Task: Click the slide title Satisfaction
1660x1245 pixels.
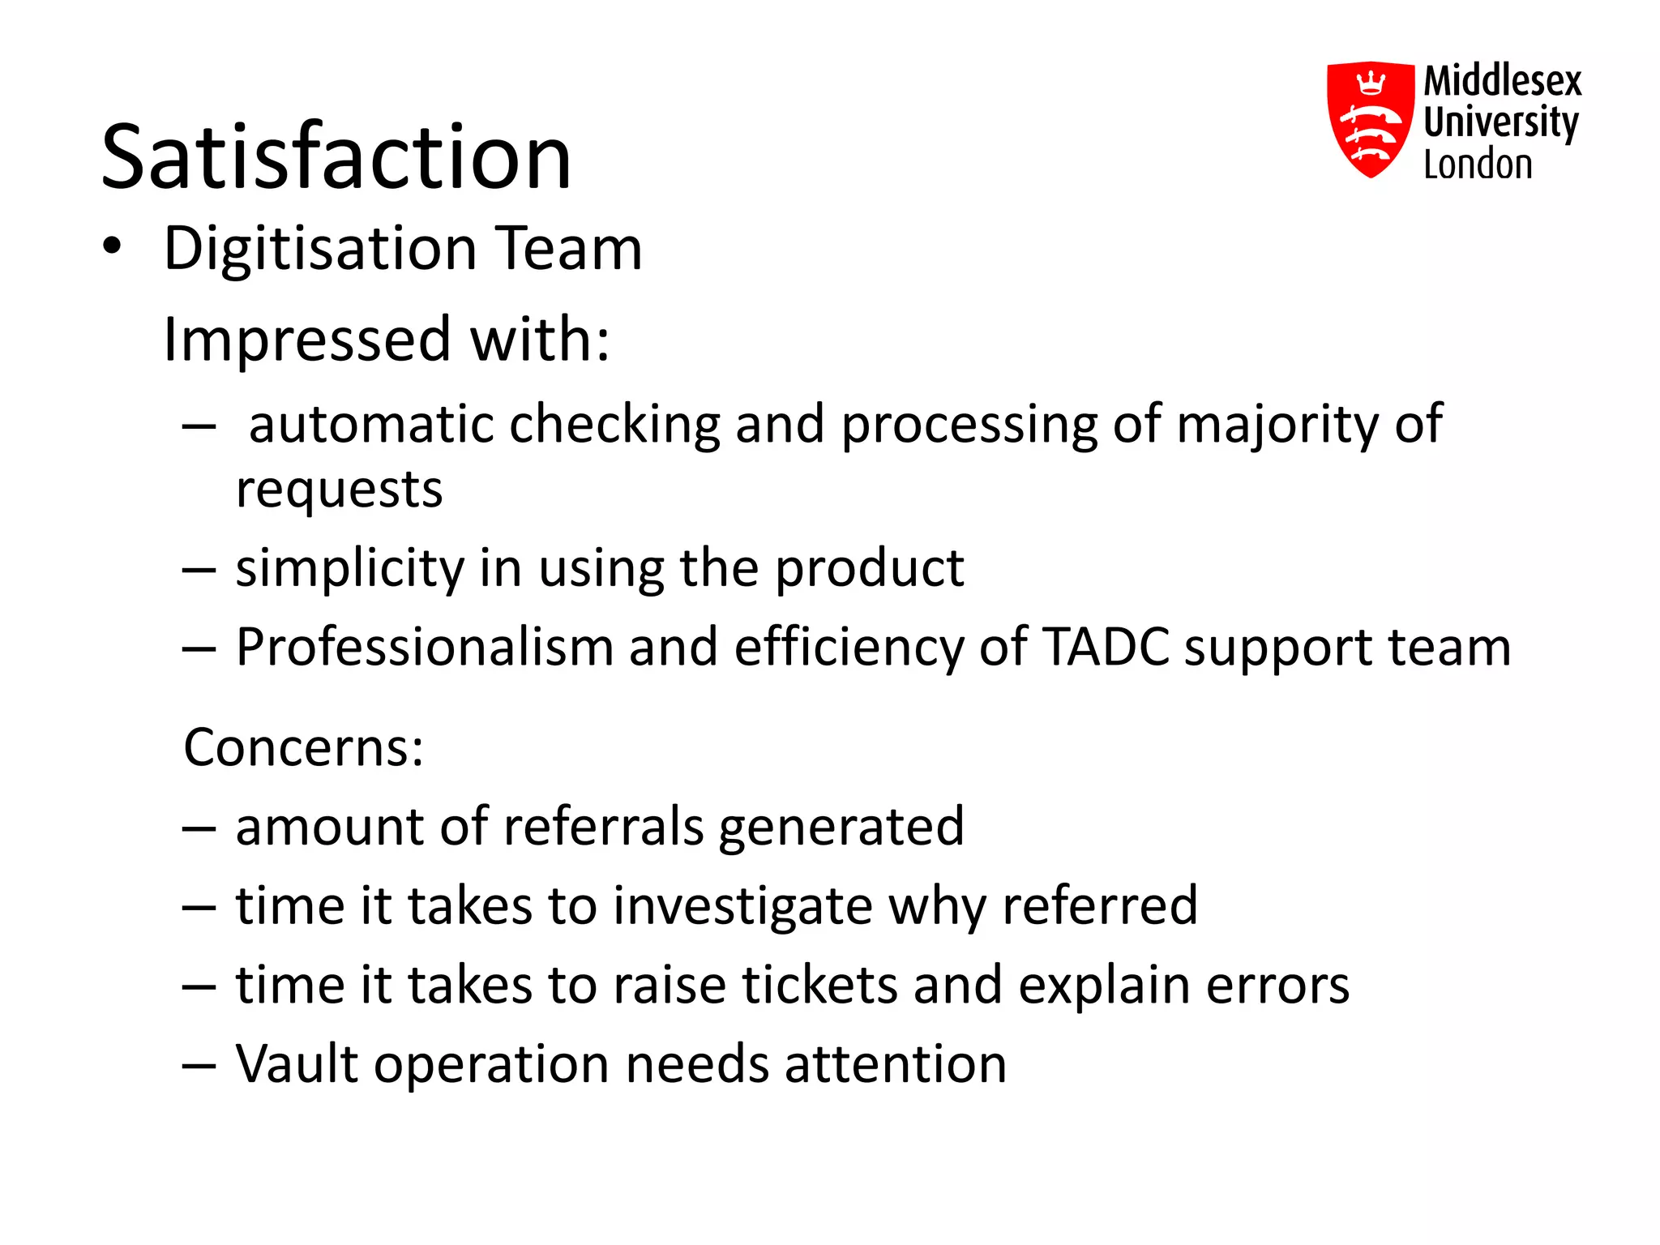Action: click(336, 156)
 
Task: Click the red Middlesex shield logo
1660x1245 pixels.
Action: click(1370, 119)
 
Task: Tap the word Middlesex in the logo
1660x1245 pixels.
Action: click(1503, 81)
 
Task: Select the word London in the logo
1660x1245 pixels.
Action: click(1478, 165)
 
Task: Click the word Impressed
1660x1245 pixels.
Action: click(306, 339)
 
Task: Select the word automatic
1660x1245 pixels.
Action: click(370, 424)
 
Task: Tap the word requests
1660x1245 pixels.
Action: click(339, 490)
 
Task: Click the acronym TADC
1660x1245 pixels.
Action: click(1106, 647)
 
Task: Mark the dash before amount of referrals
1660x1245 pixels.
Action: click(199, 828)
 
